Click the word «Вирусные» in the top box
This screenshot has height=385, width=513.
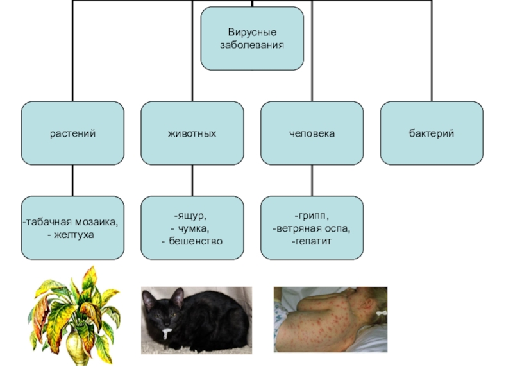(252, 32)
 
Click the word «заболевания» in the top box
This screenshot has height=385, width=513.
(252, 46)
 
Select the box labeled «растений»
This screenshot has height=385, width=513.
(72, 133)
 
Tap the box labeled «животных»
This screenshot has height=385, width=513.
(192, 133)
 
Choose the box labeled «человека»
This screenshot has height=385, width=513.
(312, 133)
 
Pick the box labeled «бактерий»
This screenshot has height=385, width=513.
(432, 133)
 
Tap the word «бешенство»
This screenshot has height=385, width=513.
(195, 241)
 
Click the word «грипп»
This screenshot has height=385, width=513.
(312, 216)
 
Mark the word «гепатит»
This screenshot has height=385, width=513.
(312, 241)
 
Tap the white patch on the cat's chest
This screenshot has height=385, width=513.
(167, 334)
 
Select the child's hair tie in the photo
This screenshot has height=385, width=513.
(380, 314)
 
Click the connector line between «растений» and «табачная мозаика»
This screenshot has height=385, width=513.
(72, 180)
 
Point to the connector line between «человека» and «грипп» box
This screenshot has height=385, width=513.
(312, 180)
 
